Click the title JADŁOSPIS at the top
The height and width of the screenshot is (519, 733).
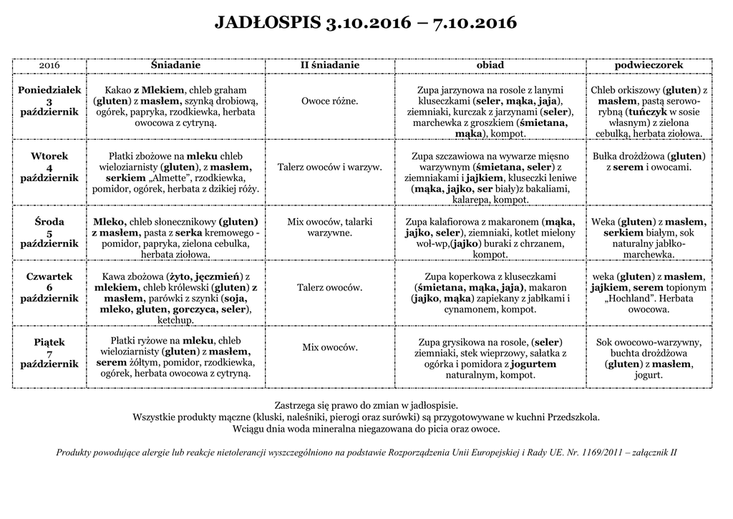268,23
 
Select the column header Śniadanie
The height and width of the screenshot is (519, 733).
175,65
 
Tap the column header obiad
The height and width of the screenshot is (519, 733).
490,65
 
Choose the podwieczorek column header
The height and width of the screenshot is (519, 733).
649,65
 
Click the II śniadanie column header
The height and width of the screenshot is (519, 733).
329,65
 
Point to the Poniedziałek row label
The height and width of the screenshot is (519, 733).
49,90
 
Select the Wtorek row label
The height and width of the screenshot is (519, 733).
49,156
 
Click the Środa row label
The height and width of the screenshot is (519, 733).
49,222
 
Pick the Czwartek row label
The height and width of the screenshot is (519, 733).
49,276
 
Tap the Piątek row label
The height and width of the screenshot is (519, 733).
49,342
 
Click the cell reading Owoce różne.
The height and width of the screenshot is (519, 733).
329,101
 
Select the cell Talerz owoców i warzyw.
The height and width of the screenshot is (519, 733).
329,167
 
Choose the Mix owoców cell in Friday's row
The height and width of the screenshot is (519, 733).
329,347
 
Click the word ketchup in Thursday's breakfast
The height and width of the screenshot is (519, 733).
175,321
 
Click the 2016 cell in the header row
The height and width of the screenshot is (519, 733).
49,65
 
